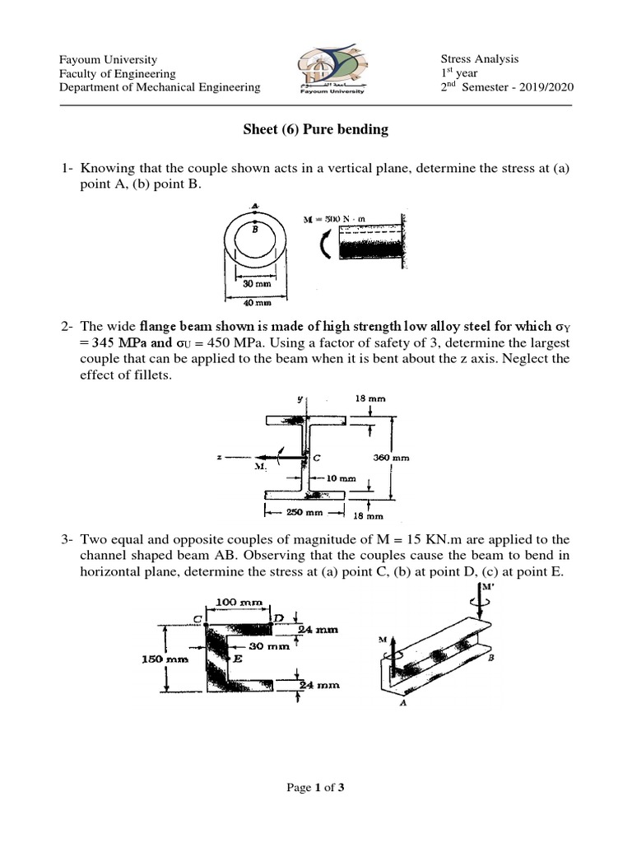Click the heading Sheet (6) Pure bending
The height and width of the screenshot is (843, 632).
point(315,130)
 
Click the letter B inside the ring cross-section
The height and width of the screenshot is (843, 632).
point(254,231)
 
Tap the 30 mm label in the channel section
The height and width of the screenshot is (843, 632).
point(275,647)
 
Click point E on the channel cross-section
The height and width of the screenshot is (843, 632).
point(238,659)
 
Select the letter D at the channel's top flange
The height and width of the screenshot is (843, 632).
point(278,617)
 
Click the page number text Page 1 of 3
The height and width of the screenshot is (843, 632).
point(315,788)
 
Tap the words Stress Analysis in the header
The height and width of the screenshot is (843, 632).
point(480,58)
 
